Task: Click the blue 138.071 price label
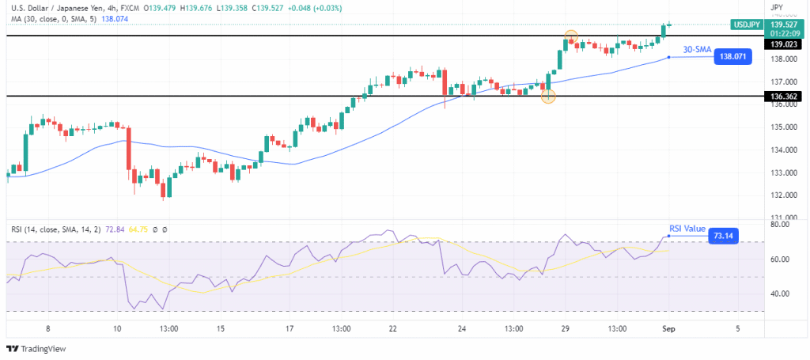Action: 733,57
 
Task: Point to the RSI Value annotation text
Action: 687,229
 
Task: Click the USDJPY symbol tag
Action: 748,25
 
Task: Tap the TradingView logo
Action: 36,348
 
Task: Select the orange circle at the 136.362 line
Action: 548,96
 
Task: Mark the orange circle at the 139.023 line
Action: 571,36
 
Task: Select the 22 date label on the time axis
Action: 393,328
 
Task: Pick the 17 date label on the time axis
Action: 290,328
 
